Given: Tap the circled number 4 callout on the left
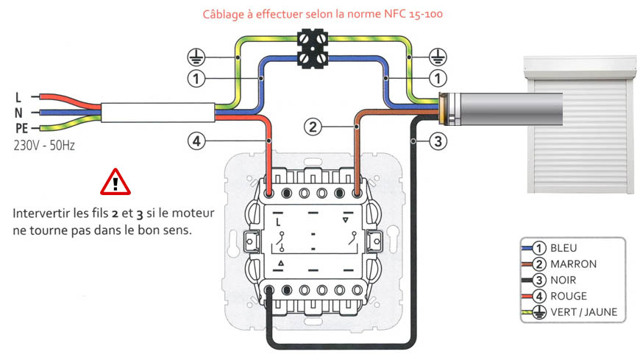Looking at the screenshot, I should point(194,141).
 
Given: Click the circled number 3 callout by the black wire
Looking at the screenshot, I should point(438,142).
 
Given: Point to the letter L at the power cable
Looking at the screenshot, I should point(18,97).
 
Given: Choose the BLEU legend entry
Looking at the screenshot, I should point(565,248).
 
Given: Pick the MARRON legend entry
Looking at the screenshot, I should point(572,264).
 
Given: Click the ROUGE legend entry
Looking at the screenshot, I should point(568,297).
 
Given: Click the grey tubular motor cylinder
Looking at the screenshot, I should point(500,108).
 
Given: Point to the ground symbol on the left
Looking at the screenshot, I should point(195,55).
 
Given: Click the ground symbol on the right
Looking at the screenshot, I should point(437,55).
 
